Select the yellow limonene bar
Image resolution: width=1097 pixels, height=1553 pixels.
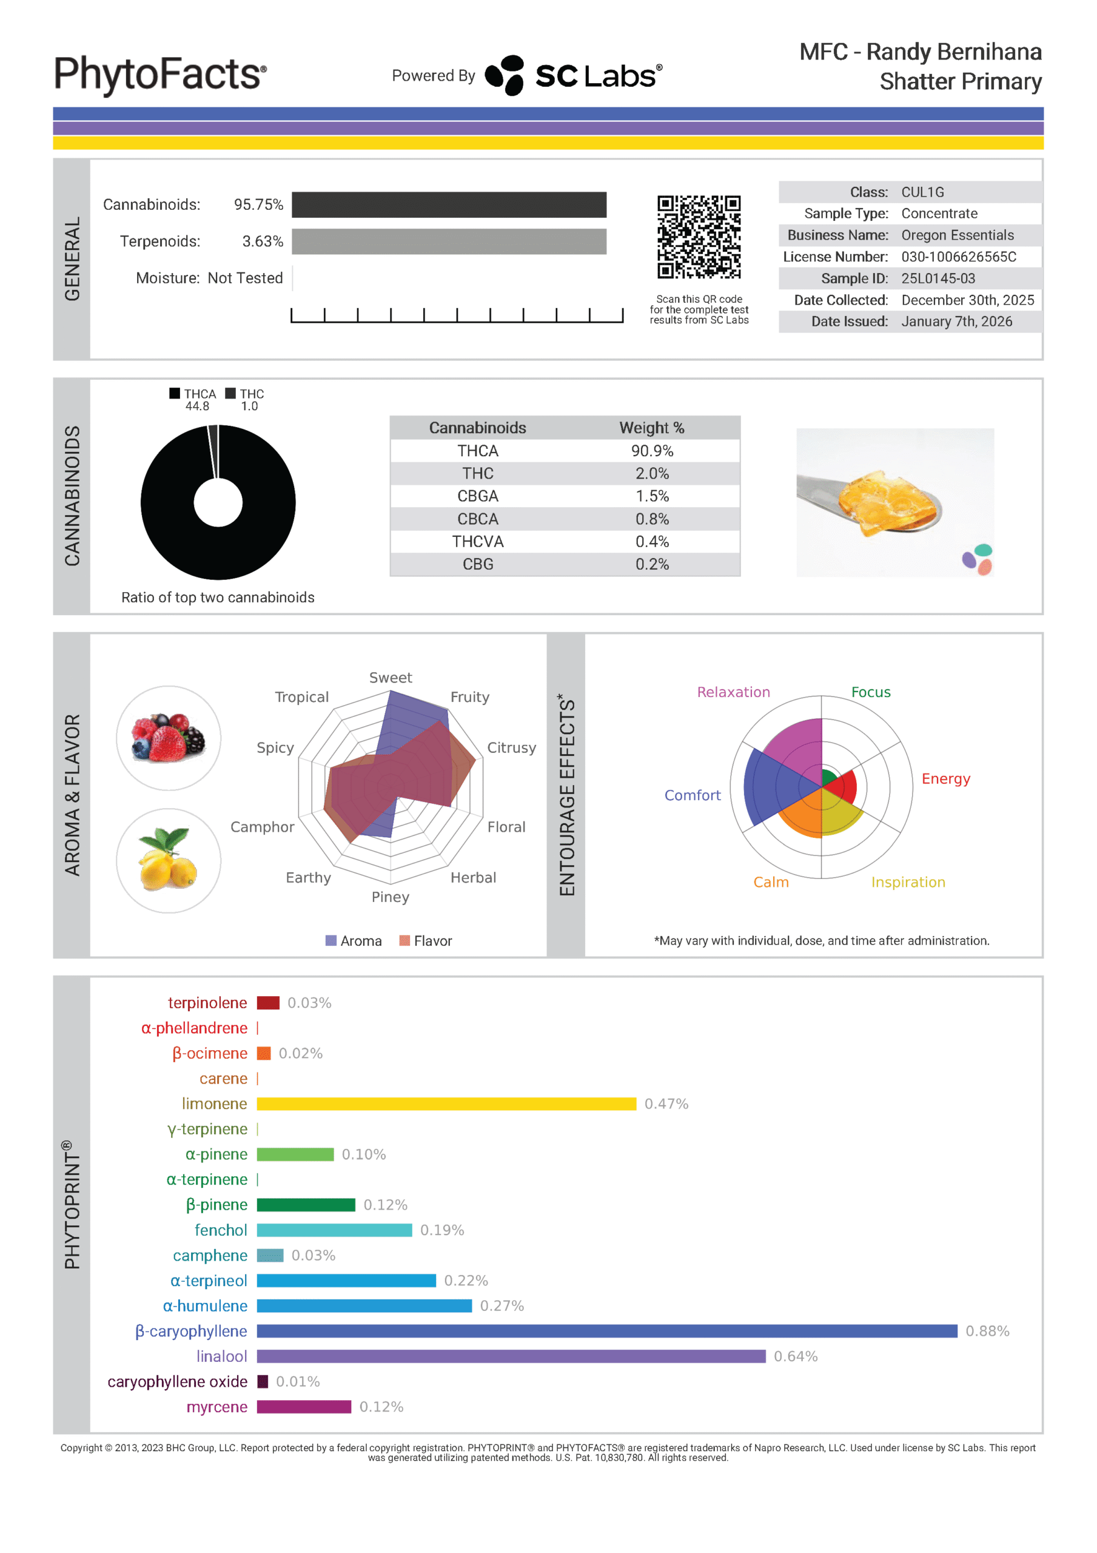pyautogui.click(x=446, y=1104)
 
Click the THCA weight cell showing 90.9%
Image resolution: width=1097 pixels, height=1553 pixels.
pyautogui.click(x=652, y=451)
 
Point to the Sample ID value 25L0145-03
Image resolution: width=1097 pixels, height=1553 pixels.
pyautogui.click(x=938, y=278)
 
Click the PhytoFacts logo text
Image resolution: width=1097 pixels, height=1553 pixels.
pyautogui.click(x=160, y=75)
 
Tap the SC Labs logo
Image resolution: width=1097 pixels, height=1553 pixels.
pyautogui.click(x=574, y=75)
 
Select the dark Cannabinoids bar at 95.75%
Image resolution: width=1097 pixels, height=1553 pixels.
pyautogui.click(x=449, y=204)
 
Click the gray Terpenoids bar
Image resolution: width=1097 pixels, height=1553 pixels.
pyautogui.click(x=449, y=241)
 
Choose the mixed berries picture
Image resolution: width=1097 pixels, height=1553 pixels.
pyautogui.click(x=169, y=738)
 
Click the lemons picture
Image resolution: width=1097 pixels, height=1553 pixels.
pyautogui.click(x=169, y=860)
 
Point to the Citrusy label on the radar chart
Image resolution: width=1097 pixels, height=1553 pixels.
pyautogui.click(x=511, y=747)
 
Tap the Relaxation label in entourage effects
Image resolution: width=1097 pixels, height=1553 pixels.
pyautogui.click(x=733, y=692)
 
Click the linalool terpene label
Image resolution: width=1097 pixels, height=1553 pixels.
pyautogui.click(x=221, y=1356)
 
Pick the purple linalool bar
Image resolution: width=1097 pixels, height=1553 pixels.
pyautogui.click(x=511, y=1356)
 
